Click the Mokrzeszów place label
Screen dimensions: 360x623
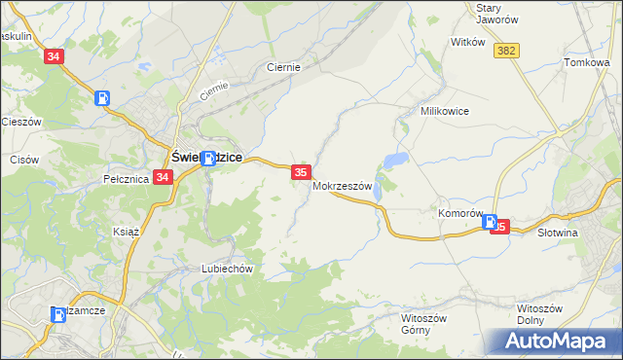(x=343, y=186)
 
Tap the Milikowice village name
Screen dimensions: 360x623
(x=445, y=111)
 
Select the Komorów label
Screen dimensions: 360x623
(x=461, y=213)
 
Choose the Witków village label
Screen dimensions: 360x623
(x=468, y=43)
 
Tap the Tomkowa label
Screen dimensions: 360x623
(x=586, y=62)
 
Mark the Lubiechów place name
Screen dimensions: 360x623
(x=227, y=269)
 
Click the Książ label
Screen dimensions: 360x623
(x=128, y=234)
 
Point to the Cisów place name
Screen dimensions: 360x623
(x=23, y=159)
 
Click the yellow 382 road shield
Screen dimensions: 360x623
(x=506, y=50)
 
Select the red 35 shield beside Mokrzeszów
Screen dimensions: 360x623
(x=301, y=172)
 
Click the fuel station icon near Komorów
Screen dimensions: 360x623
(x=491, y=222)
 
